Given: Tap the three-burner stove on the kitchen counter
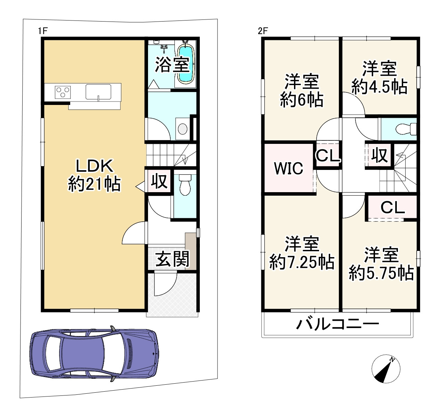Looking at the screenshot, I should pyautogui.click(x=63, y=92).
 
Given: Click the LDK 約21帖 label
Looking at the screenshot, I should pyautogui.click(x=95, y=175).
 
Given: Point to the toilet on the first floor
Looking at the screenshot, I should pyautogui.click(x=185, y=186).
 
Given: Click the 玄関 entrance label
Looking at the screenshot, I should pyautogui.click(x=172, y=259).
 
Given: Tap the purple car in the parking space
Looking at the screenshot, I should pyautogui.click(x=94, y=353).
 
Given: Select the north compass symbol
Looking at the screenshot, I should pyautogui.click(x=386, y=369).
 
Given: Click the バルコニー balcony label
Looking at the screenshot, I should pyautogui.click(x=337, y=325).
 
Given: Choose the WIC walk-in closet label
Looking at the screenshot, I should pyautogui.click(x=288, y=169).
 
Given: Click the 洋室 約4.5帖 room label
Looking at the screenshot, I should pyautogui.click(x=379, y=78).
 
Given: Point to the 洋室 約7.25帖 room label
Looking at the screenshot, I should pyautogui.click(x=302, y=253).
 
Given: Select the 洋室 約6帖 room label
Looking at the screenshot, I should pyautogui.click(x=302, y=90).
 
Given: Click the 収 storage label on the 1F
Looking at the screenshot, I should pyautogui.click(x=159, y=181).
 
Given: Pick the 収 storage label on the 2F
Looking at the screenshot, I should pyautogui.click(x=379, y=155).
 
